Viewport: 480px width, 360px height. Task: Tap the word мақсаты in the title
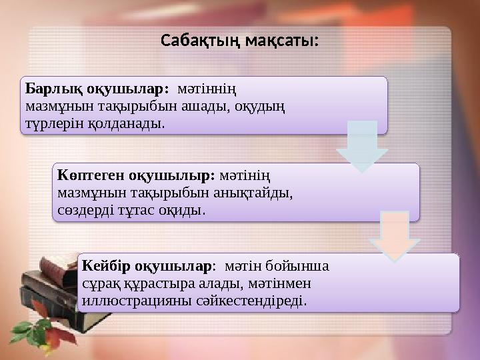point(280,41)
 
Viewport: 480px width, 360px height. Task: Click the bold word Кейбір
point(103,266)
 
